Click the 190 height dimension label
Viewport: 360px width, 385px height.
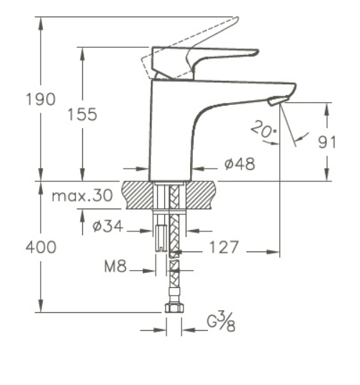point(41,99)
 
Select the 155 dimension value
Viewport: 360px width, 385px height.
point(82,114)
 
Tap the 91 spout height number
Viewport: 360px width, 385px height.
point(326,142)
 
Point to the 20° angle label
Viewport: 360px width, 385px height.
point(264,129)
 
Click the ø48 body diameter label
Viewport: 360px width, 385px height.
point(240,164)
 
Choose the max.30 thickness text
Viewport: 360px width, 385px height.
point(82,196)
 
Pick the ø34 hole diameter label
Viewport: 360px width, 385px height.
point(108,226)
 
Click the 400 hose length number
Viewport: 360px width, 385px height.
point(41,247)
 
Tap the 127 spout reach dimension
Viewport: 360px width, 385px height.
point(224,247)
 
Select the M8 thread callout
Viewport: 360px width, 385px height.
point(116,266)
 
